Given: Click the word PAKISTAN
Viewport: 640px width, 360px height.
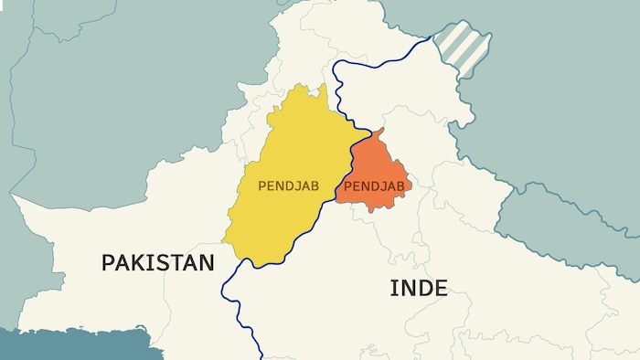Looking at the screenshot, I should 157,263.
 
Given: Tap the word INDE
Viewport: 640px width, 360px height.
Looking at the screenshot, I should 419,289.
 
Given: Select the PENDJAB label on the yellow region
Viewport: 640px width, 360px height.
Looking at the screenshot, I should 288,185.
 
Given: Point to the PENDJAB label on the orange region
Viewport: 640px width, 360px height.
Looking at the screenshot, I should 374,186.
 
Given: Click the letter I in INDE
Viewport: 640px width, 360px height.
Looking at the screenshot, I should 393,289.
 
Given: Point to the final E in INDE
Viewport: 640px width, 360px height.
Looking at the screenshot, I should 441,289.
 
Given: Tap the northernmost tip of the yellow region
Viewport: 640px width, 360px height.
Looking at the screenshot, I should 324,85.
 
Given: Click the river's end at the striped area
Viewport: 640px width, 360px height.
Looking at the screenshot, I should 432,37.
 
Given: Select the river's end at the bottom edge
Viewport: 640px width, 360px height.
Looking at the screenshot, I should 261,357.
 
